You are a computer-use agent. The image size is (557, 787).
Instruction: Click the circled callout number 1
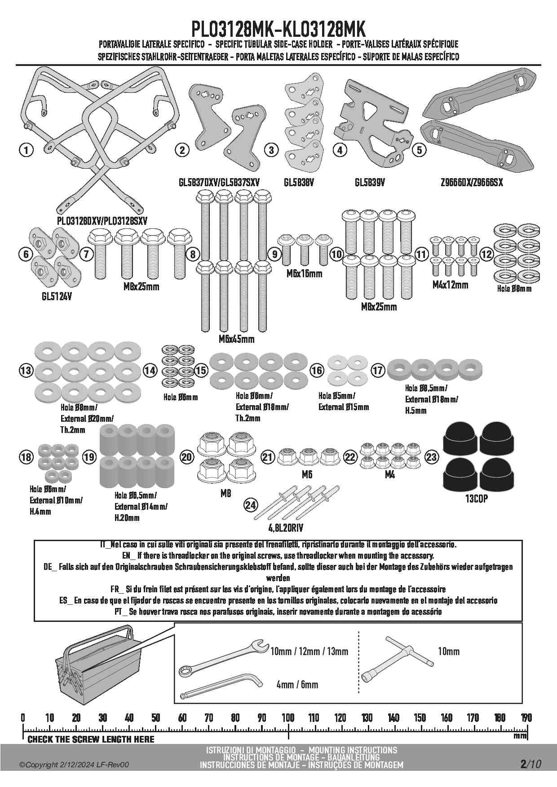pyautogui.click(x=27, y=150)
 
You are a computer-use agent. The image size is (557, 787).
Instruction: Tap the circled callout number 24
pyautogui.click(x=251, y=506)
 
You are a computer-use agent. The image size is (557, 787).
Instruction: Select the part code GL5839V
pyautogui.click(x=370, y=183)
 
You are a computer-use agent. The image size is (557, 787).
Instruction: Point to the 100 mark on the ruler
pyautogui.click(x=288, y=718)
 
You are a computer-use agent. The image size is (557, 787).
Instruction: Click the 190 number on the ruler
pyautogui.click(x=526, y=718)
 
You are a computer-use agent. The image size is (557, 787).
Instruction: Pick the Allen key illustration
pyautogui.click(x=220, y=686)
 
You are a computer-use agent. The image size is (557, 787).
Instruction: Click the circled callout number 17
pyautogui.click(x=378, y=371)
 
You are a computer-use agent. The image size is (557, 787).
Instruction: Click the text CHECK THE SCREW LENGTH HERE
pyautogui.click(x=91, y=739)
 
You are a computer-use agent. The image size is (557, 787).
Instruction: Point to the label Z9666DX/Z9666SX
pyautogui.click(x=472, y=183)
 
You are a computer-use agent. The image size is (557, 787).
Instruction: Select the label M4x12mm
pyautogui.click(x=450, y=284)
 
